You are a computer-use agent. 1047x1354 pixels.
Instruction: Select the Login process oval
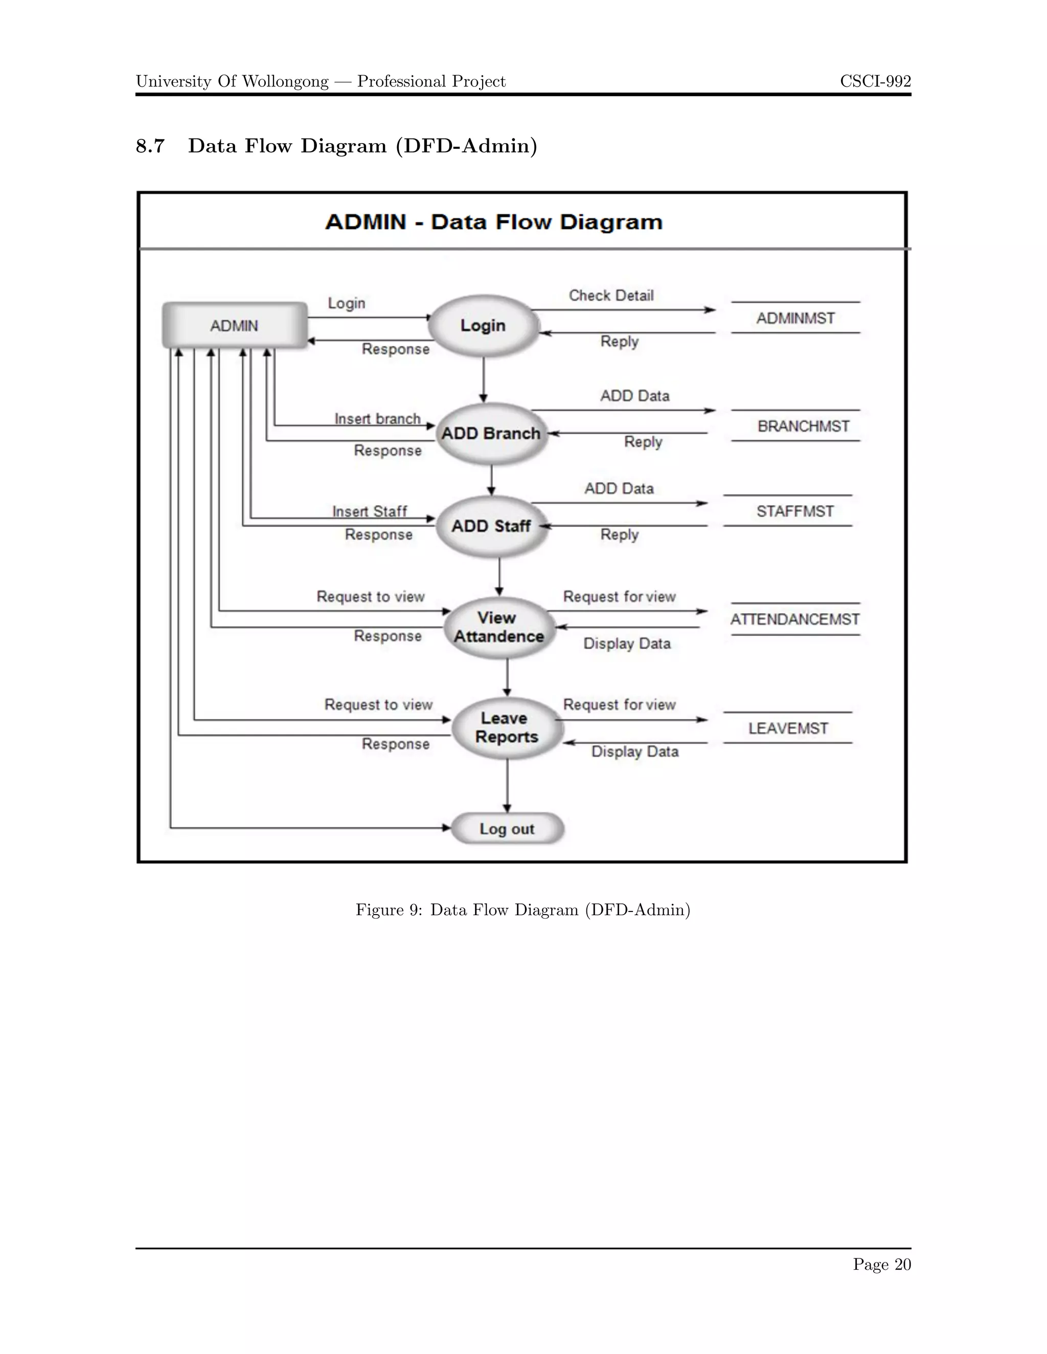[x=483, y=325]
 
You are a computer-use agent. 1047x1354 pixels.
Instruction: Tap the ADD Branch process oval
[x=491, y=433]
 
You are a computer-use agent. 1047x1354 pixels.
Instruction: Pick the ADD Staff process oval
[x=491, y=526]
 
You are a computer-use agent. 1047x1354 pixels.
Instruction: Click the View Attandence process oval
[x=498, y=627]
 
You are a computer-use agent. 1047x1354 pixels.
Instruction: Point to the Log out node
[x=507, y=829]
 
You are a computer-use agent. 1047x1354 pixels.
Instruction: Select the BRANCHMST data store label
[x=803, y=427]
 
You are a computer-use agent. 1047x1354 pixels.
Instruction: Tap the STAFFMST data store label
[x=795, y=511]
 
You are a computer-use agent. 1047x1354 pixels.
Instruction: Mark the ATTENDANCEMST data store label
[x=794, y=619]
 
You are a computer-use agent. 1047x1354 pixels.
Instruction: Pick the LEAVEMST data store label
[x=788, y=729]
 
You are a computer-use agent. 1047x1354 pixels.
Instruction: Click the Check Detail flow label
[x=611, y=296]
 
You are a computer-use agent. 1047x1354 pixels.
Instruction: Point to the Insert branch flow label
[x=377, y=419]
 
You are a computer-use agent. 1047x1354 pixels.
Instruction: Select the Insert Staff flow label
[x=370, y=511]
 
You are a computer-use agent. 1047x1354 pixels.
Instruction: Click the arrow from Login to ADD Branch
[x=483, y=380]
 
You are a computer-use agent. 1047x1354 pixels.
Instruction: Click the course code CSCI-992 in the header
[x=875, y=81]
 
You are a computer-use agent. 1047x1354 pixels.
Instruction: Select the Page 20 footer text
[x=881, y=1264]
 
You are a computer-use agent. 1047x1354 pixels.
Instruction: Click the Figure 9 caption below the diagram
[x=523, y=909]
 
